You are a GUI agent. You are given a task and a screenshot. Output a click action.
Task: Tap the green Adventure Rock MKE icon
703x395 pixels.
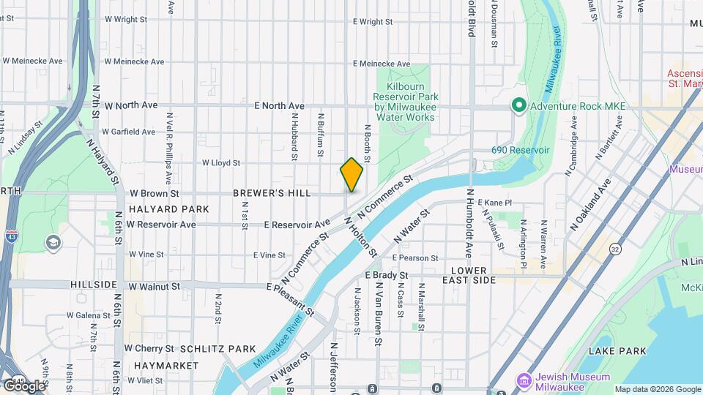[x=519, y=106]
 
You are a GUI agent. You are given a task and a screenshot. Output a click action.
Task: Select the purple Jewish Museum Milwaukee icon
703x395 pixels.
[x=524, y=381]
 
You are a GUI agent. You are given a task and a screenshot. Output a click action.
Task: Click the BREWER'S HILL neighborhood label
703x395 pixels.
[x=272, y=194]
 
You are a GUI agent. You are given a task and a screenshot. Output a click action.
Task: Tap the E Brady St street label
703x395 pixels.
[x=387, y=275]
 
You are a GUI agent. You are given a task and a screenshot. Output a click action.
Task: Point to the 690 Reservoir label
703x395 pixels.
[x=520, y=150]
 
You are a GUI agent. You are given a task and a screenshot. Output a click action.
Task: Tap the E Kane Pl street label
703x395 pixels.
[x=494, y=202]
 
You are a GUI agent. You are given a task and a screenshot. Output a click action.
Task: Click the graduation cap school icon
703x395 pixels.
[x=53, y=241]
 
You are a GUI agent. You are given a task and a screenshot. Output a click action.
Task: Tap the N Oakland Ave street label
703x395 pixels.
[x=590, y=206]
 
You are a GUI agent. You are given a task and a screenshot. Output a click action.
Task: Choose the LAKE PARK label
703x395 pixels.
[x=621, y=351]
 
